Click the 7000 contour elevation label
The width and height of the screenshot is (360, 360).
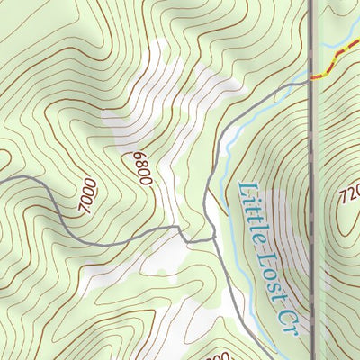pos(87,197)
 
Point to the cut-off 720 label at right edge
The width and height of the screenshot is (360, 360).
pos(349,195)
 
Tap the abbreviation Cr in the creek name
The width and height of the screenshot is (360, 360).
pos(291,321)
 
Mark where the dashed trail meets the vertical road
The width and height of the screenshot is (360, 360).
pos(312,78)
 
